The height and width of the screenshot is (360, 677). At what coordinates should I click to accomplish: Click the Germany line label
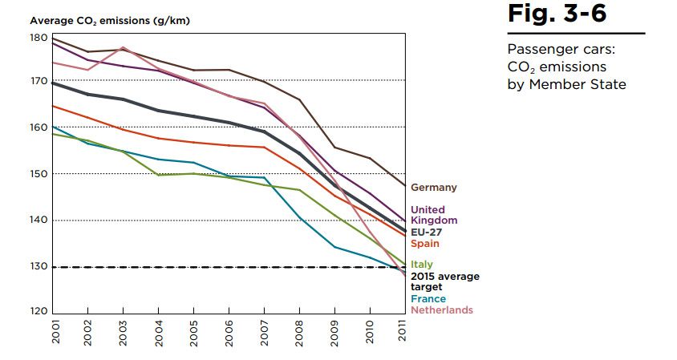point(434,188)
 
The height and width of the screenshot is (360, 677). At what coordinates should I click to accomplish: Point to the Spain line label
point(425,244)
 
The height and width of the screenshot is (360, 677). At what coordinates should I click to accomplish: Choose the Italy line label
point(422,265)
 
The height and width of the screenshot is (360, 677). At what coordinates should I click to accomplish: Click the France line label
point(428,299)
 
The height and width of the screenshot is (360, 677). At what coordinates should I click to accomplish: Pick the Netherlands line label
point(442,310)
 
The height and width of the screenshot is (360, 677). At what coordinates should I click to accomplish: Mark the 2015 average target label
point(445,281)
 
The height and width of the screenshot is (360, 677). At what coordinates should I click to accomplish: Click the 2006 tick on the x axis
point(229,331)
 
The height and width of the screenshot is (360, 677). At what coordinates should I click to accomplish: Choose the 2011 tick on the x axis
point(404,331)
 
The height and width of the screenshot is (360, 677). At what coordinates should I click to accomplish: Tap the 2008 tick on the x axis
point(299,331)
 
